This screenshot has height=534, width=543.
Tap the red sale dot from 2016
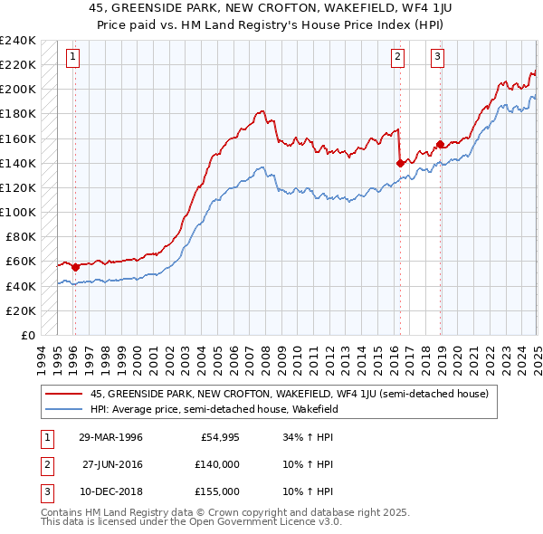[x=400, y=163]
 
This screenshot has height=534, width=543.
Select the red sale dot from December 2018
[x=440, y=144]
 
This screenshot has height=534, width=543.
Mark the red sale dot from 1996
[x=75, y=267]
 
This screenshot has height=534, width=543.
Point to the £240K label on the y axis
[x=18, y=41]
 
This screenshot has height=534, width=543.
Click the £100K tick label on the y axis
[x=18, y=212]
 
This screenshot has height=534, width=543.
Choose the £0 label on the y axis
[x=27, y=335]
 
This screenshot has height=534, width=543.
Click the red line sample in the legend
[x=64, y=394]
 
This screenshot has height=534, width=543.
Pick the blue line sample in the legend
[x=64, y=409]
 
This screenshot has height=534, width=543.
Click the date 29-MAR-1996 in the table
[x=112, y=436]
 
